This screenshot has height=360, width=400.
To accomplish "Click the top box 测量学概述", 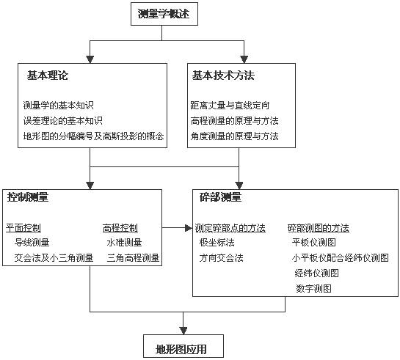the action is (164, 14).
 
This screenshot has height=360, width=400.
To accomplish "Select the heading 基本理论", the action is (48, 76).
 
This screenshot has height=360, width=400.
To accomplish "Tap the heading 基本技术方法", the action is (223, 76).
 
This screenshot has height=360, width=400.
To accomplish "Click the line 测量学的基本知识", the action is (59, 106).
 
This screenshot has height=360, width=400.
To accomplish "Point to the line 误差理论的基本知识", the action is (63, 121).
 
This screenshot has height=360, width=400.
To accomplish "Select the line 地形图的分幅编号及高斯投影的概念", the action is (93, 136).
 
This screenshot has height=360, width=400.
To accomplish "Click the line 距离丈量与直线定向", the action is (230, 106).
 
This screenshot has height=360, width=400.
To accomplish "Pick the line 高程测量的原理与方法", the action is (234, 121).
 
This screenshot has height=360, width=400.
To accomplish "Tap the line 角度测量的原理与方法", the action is (234, 136).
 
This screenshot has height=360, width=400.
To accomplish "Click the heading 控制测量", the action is (28, 197).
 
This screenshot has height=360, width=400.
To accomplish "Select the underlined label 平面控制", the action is (23, 228).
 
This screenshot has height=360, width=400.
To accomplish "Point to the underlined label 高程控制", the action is (120, 228).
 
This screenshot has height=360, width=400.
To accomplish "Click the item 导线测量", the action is (32, 243).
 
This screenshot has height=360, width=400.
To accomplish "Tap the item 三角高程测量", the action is (133, 258).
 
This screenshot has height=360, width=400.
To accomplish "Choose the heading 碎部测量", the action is (220, 197).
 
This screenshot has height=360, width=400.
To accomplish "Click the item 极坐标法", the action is (217, 243).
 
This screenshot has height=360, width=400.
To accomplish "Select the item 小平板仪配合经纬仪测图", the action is (341, 258).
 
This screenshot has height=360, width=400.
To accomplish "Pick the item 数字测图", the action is (313, 289).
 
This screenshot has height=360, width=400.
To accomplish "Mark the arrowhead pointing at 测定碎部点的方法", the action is (189, 228).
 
